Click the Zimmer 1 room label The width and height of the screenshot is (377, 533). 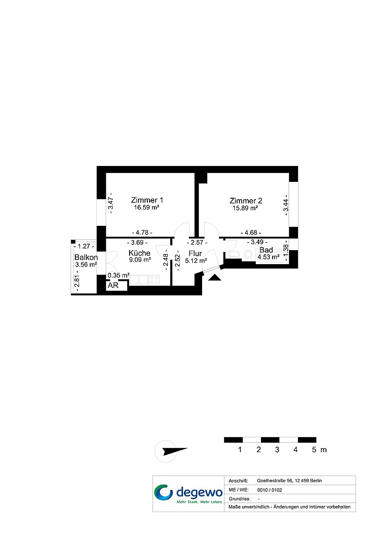pyautogui.click(x=147, y=200)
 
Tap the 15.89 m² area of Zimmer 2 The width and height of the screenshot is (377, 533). pyautogui.click(x=245, y=208)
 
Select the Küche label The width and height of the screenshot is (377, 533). pyautogui.click(x=139, y=253)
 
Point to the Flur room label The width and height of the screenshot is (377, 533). pyautogui.click(x=195, y=253)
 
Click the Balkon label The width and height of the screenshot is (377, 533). pyautogui.click(x=86, y=257)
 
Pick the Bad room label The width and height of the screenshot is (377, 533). pyautogui.click(x=266, y=250)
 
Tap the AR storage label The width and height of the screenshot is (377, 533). pyautogui.click(x=113, y=286)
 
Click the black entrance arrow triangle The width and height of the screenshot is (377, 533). pyautogui.click(x=215, y=278)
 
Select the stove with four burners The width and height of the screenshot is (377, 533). pyautogui.click(x=154, y=280)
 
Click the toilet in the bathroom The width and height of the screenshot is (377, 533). pyautogui.click(x=248, y=255)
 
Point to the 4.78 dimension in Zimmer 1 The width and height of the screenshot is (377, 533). pyautogui.click(x=142, y=232)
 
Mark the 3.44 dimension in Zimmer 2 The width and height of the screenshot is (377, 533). pyautogui.click(x=286, y=205)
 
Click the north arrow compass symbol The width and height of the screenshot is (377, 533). pyautogui.click(x=171, y=451)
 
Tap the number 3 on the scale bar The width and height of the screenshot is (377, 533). pyautogui.click(x=277, y=450)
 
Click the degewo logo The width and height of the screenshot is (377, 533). pyautogui.click(x=188, y=494)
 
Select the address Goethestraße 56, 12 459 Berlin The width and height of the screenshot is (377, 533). pyautogui.click(x=289, y=481)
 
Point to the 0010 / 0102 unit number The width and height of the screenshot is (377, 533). pyautogui.click(x=269, y=490)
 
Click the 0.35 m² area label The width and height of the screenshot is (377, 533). pyautogui.click(x=119, y=275)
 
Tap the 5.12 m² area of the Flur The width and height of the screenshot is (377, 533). pyautogui.click(x=196, y=261)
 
